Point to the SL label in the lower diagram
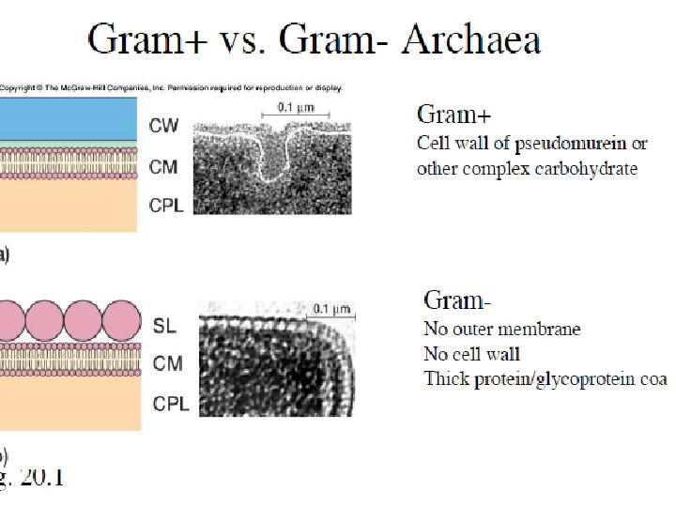(163, 327)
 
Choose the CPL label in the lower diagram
(169, 405)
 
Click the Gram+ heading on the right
(453, 115)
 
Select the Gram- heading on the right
(458, 300)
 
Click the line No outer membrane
(502, 330)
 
